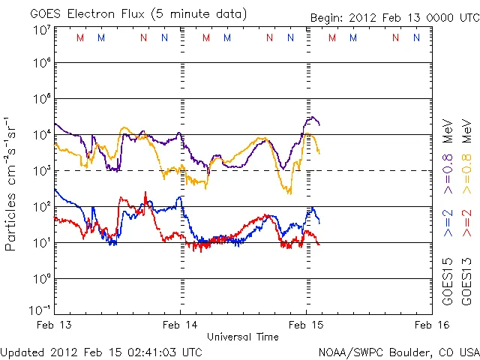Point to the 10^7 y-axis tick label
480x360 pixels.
[41, 30]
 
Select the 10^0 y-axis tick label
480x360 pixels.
[41, 279]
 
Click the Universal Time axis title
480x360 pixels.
[243, 337]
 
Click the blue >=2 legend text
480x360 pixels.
[448, 223]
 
